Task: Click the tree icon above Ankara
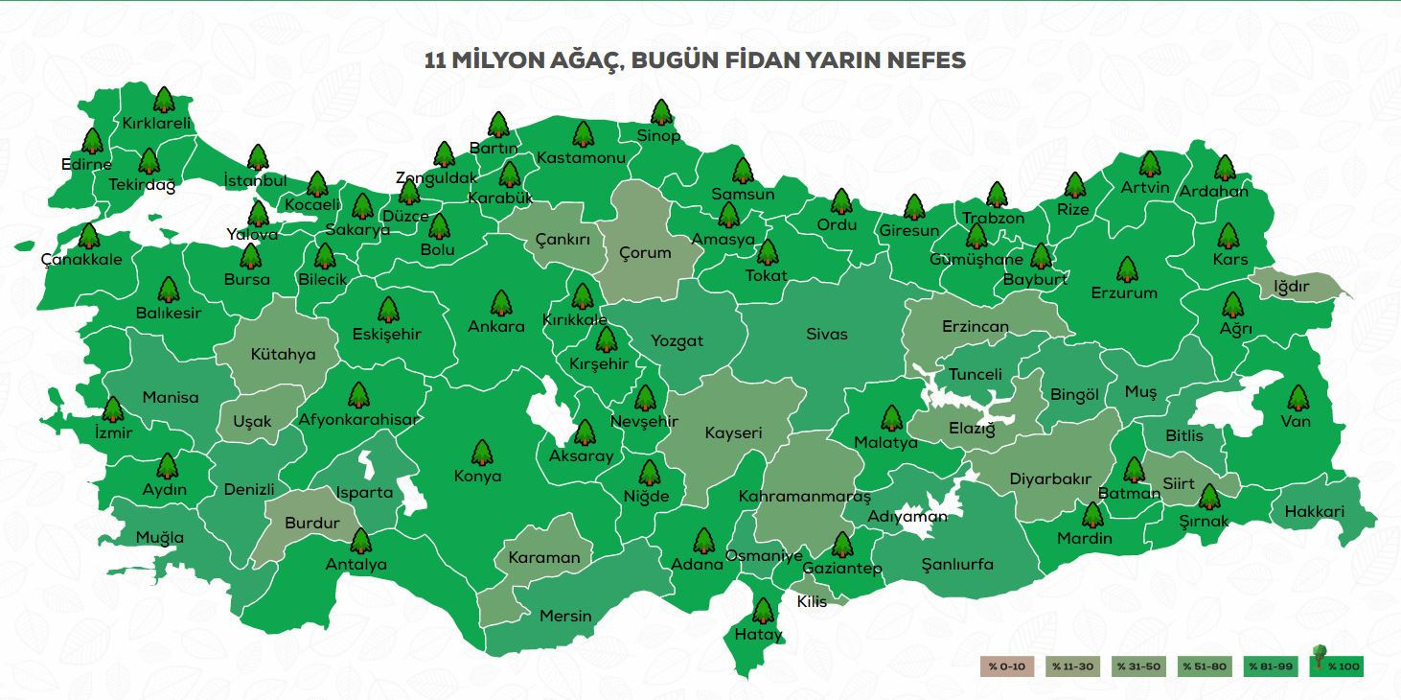500,303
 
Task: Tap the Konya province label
477,477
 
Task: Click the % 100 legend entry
1337,665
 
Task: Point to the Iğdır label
1291,287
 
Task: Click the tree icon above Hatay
763,611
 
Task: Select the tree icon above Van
1297,398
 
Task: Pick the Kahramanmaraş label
804,497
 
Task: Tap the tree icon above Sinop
660,113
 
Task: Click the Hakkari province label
1314,511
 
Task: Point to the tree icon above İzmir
113,409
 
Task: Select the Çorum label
645,253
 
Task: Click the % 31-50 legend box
1137,666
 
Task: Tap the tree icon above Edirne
92,142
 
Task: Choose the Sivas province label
826,334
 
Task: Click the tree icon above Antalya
360,542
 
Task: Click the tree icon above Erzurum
1127,269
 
